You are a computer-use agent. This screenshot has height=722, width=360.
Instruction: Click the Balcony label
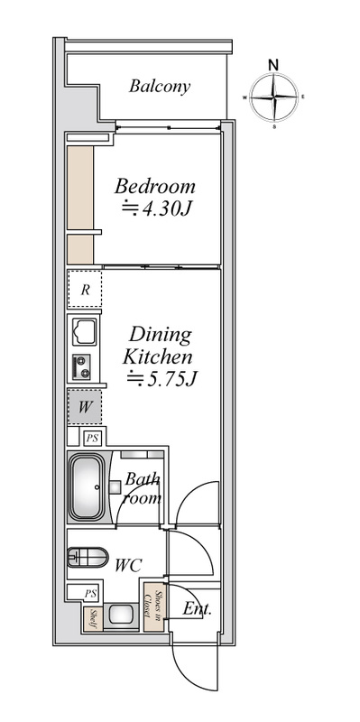point(160,87)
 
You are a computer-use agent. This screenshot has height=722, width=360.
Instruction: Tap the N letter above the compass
point(273,65)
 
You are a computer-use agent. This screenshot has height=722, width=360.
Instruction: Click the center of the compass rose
point(274,97)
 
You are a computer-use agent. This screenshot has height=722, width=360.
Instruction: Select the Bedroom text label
point(154,187)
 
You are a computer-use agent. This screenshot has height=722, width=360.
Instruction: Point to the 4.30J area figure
point(156,209)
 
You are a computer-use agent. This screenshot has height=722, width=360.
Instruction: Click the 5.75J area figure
point(162,378)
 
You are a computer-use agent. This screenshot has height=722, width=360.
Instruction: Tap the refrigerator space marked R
point(85,290)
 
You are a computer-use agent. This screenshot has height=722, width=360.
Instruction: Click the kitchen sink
point(84,331)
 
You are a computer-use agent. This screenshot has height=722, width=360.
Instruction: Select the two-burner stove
point(81,367)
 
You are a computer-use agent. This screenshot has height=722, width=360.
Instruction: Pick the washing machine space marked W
point(85,407)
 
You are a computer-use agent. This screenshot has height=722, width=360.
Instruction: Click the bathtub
point(86,487)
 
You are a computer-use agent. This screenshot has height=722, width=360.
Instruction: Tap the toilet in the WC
point(87,557)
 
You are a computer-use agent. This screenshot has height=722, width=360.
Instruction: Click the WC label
point(128,566)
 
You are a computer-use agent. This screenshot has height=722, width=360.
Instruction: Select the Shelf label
point(93,619)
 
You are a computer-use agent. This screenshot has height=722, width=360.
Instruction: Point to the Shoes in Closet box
point(153,606)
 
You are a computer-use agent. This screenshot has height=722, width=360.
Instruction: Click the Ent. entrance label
point(197,609)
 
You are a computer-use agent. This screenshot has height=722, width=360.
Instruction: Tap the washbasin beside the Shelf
point(121,616)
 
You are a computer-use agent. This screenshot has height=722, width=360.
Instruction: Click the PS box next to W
point(92,438)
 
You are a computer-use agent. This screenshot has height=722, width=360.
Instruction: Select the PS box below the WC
point(91,594)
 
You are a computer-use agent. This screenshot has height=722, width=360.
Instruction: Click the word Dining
point(160,335)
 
